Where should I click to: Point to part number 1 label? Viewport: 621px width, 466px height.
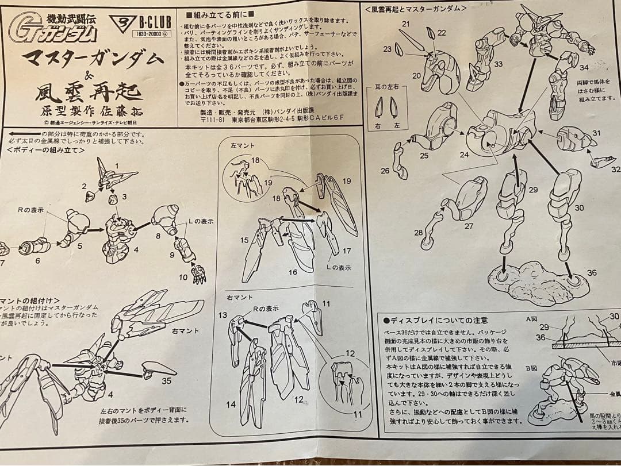pyautogui.click(x=116, y=166)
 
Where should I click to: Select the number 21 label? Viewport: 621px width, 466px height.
pyautogui.click(x=405, y=24)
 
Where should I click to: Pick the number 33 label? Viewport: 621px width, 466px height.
pyautogui.click(x=497, y=64)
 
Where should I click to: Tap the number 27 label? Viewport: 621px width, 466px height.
pyautogui.click(x=469, y=226)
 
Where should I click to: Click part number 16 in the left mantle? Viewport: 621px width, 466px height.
pyautogui.click(x=292, y=272)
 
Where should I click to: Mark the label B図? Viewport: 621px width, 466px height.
pyautogui.click(x=532, y=365)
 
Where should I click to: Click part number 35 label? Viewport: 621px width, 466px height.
pyautogui.click(x=166, y=380)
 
